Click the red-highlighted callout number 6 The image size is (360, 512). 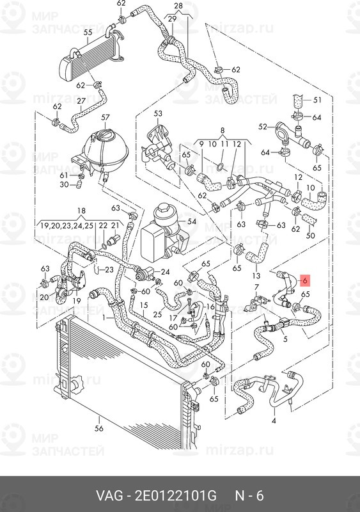click(x=304, y=280)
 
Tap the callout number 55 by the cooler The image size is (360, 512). click(x=88, y=33)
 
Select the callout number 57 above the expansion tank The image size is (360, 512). click(x=106, y=118)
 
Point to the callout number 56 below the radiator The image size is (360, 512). click(x=99, y=428)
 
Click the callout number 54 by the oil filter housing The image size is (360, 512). click(x=192, y=221)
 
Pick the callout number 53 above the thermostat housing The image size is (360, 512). click(x=158, y=114)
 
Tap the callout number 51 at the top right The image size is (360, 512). click(x=317, y=100)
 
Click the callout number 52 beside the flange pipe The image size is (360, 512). click(x=263, y=127)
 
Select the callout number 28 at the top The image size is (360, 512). click(x=178, y=6)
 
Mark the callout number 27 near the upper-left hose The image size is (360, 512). click(x=81, y=100)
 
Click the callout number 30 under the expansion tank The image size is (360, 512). click(x=65, y=184)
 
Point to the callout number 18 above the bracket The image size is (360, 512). click(x=81, y=211)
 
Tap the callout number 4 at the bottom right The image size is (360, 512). click(x=274, y=421)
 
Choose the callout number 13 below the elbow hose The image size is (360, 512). click(x=256, y=276)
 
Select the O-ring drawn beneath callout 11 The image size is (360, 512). click(x=221, y=168)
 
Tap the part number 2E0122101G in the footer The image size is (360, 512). click(x=176, y=495)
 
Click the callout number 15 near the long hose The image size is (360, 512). click(x=144, y=305)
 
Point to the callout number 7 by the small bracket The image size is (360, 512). click(x=256, y=287)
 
